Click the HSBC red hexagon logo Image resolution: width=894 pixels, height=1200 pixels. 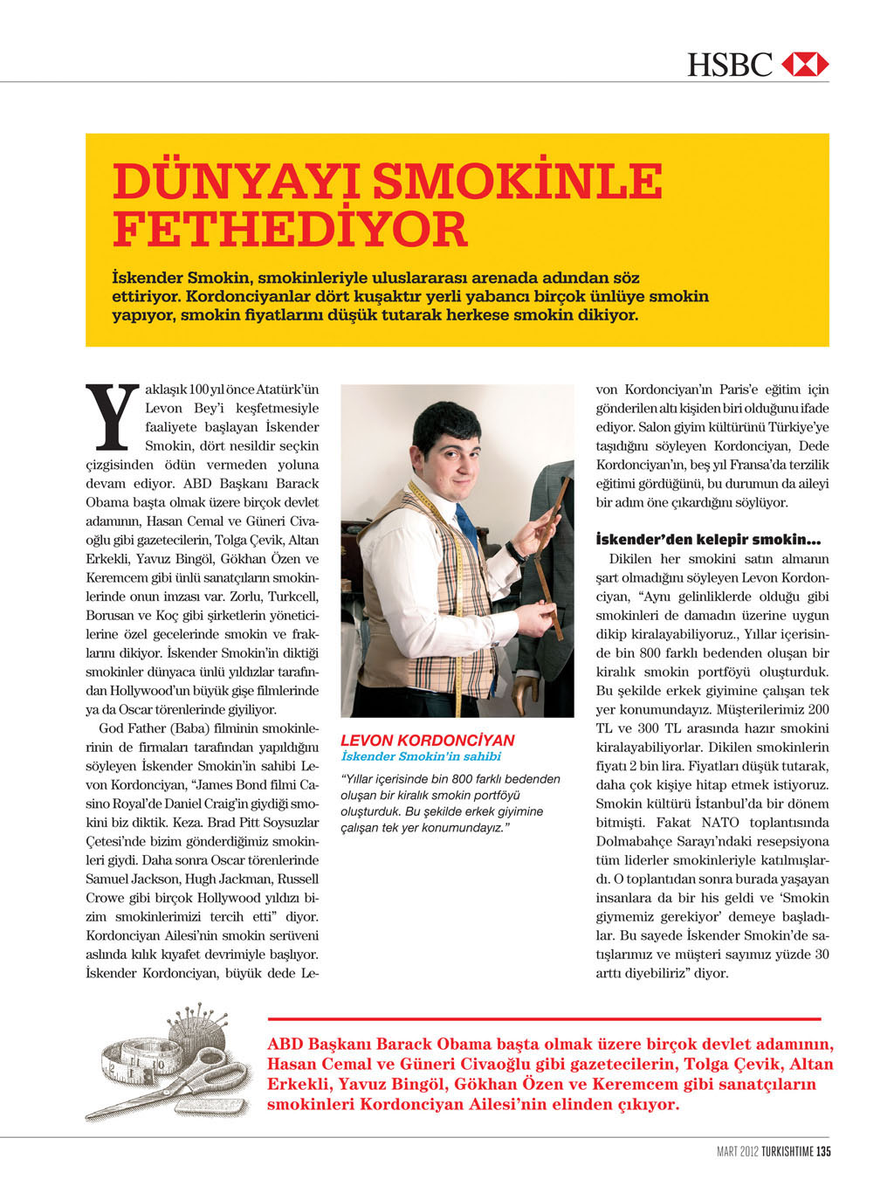(804, 65)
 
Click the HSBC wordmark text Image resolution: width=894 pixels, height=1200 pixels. (730, 65)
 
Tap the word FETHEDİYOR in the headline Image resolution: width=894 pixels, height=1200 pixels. (291, 229)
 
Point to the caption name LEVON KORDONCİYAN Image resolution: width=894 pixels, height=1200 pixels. (427, 740)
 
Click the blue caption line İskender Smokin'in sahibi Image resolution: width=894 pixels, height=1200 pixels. (421, 756)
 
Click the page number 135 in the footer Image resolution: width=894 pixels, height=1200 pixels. (823, 1151)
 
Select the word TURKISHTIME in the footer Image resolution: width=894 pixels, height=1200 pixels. (787, 1151)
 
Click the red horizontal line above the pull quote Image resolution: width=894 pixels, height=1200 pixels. (544, 1018)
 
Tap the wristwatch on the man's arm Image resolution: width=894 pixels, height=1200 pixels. (518, 552)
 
